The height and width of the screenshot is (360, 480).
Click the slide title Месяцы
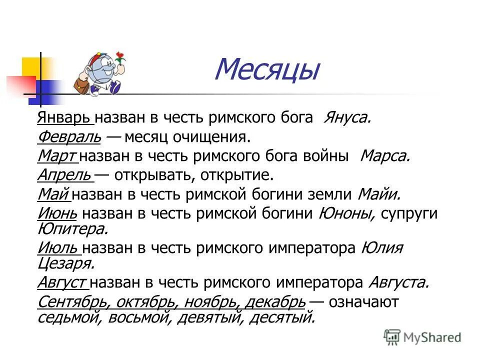coord(266,70)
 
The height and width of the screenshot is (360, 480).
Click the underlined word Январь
coord(63,117)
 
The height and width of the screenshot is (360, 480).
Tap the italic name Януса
coord(347,117)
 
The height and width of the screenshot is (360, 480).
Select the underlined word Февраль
coord(69,136)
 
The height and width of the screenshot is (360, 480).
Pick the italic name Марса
coord(385,156)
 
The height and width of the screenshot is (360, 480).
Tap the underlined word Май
coord(53,194)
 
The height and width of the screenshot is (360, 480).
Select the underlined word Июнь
coord(57,213)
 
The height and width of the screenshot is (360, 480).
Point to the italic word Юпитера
coord(72,228)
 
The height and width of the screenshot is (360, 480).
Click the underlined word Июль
coord(57,247)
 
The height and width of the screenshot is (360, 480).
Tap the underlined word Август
coord(62,282)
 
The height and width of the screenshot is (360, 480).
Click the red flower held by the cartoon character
coord(120,56)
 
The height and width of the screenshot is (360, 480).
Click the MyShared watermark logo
coord(422,337)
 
